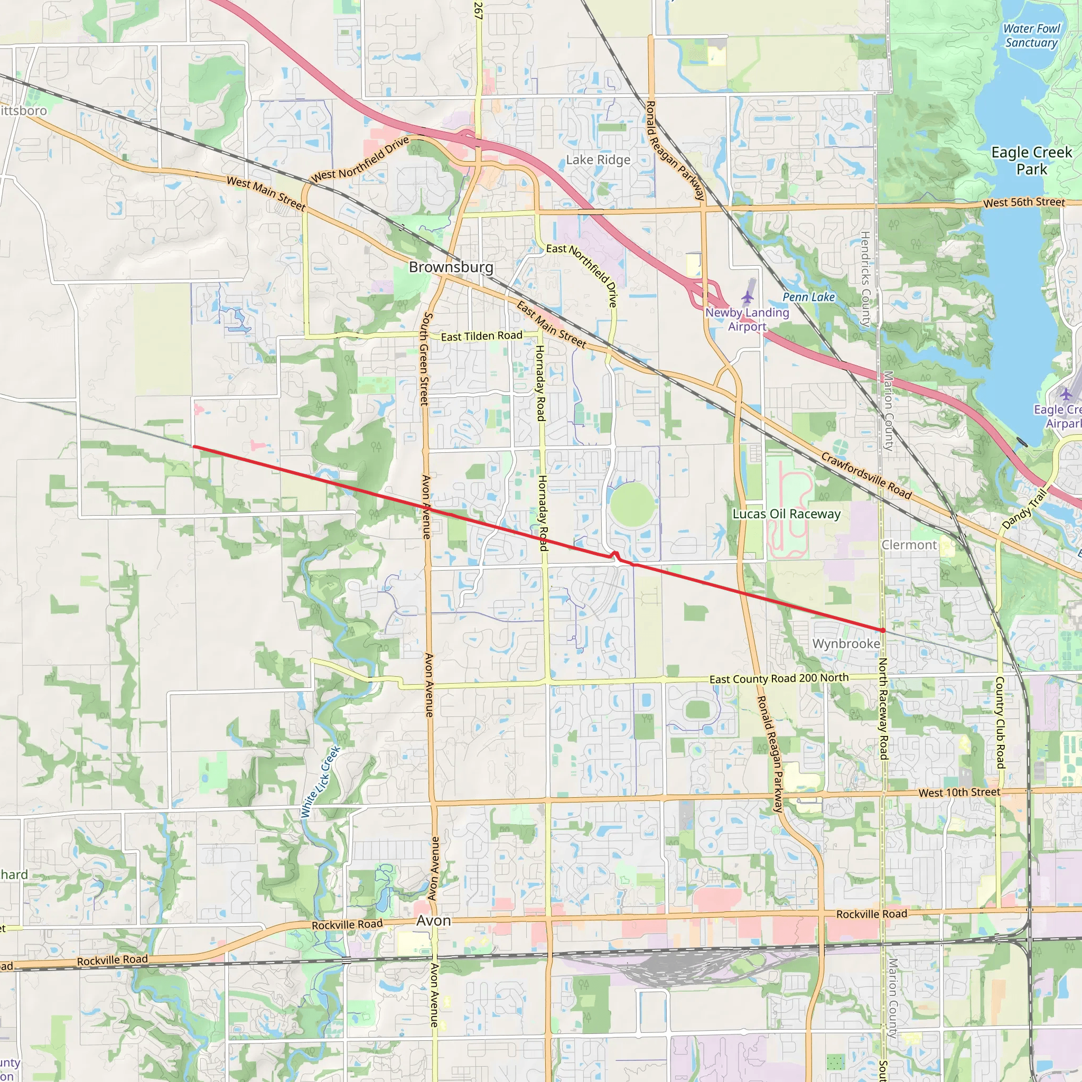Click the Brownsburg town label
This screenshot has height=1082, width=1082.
(451, 267)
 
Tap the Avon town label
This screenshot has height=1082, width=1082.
(433, 921)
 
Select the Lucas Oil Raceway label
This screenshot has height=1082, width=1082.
(786, 514)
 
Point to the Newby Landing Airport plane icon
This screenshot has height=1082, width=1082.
(748, 297)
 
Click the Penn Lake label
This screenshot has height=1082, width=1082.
(809, 297)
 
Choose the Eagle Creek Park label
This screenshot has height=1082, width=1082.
(1032, 161)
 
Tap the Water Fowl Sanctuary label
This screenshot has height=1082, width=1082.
(1031, 35)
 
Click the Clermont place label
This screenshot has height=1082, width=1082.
(909, 545)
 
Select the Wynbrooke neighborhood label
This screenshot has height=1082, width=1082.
(846, 643)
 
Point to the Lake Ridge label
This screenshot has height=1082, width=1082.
(598, 160)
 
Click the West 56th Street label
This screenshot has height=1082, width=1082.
(1024, 202)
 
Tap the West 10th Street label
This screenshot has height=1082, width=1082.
(959, 792)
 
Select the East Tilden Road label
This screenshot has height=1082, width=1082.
(482, 336)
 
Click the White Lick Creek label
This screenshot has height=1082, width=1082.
(320, 782)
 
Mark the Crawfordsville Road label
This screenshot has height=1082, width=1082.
(866, 475)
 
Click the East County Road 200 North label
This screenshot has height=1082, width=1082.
(779, 679)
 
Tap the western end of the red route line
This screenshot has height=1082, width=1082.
(193, 446)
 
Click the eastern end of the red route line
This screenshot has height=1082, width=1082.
(883, 631)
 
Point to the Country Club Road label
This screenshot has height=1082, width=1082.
(1000, 722)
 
